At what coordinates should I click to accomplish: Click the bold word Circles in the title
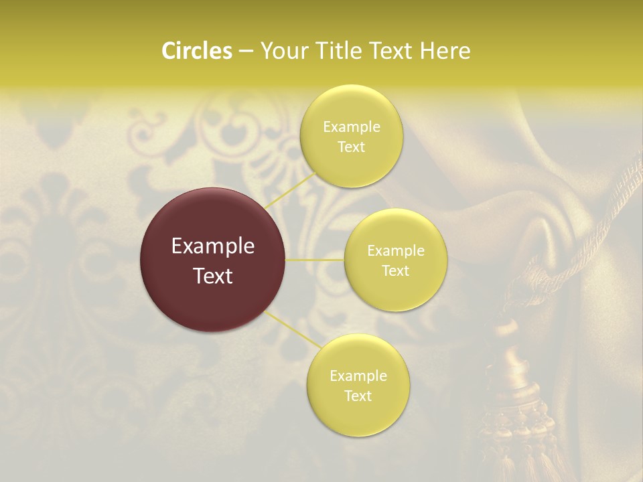click(x=197, y=51)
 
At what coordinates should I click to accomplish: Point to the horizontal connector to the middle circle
click(x=315, y=259)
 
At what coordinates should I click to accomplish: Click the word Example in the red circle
click(x=213, y=246)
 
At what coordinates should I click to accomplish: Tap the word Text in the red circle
click(x=213, y=276)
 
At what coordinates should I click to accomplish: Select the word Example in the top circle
click(x=351, y=127)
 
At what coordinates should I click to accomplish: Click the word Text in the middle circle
click(x=395, y=270)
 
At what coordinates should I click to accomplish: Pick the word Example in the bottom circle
click(x=358, y=376)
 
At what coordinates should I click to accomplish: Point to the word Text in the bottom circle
click(x=358, y=396)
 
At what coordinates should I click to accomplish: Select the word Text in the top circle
click(x=351, y=147)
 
